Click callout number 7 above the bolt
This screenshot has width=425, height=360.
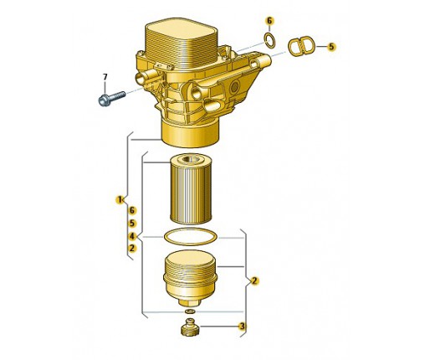(x=105, y=77)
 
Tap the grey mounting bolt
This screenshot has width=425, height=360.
(x=111, y=98)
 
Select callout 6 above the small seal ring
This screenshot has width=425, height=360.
(x=269, y=21)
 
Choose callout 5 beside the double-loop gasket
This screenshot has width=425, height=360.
(x=331, y=47)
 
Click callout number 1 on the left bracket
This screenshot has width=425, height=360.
(x=120, y=199)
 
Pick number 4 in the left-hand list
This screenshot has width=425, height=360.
(x=132, y=237)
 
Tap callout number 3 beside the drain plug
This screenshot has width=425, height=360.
(x=242, y=326)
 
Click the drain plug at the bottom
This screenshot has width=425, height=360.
(x=190, y=327)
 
